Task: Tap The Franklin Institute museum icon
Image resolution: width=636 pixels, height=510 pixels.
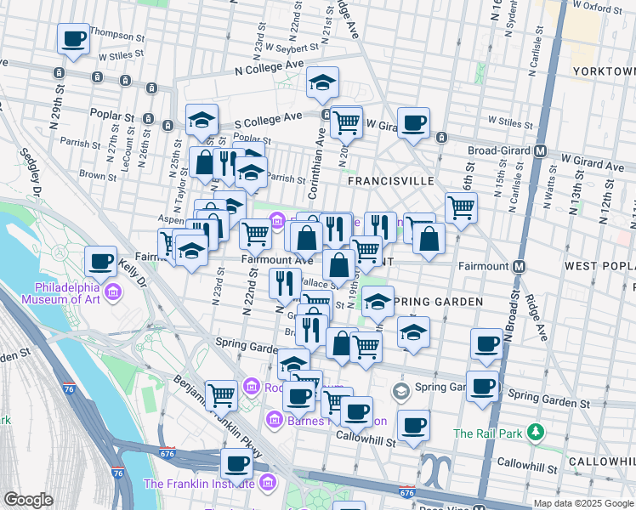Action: click(x=268, y=484)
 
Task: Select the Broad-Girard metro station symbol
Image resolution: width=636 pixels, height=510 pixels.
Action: click(x=539, y=151)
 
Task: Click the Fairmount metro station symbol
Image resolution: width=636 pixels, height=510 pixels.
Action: click(x=519, y=266)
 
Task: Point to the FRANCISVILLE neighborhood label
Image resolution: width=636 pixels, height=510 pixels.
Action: click(x=390, y=182)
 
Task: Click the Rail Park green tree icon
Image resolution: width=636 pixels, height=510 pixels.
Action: click(x=535, y=433)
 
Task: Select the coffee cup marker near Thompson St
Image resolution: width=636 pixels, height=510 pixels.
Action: click(x=73, y=38)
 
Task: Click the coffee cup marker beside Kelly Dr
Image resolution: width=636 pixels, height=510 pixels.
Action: click(x=100, y=261)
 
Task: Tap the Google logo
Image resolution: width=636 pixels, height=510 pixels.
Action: click(x=27, y=499)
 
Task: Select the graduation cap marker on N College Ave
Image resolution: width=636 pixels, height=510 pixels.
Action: click(x=322, y=82)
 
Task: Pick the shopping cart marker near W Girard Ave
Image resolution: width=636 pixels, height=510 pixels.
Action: click(x=346, y=122)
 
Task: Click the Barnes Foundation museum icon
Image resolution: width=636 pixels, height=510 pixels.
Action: click(x=275, y=420)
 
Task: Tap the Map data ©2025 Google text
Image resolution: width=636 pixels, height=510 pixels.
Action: click(x=582, y=502)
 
